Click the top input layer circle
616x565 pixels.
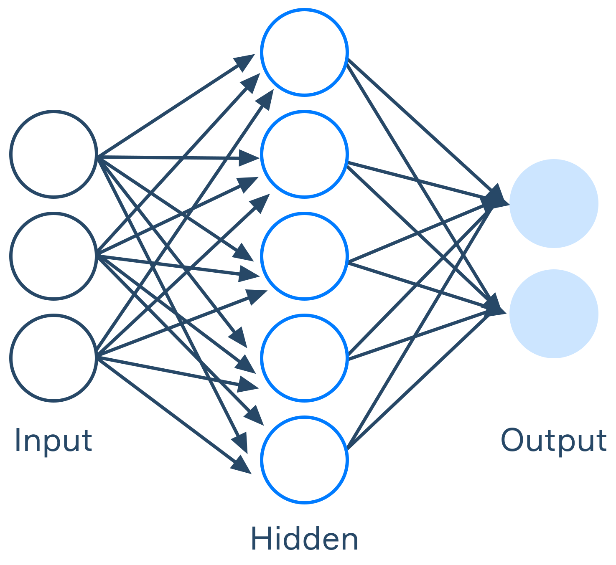click(x=53, y=154)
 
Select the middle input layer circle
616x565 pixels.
click(x=53, y=256)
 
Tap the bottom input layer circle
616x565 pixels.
click(x=53, y=358)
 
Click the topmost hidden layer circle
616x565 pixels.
click(x=304, y=52)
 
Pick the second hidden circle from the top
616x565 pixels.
click(x=304, y=154)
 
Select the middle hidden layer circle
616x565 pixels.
click(x=304, y=256)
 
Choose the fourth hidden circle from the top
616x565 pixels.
click(x=304, y=358)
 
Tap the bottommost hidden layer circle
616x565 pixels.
click(x=304, y=459)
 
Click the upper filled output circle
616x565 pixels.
click(x=554, y=203)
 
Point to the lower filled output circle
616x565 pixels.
click(x=554, y=314)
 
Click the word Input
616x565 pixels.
click(x=53, y=441)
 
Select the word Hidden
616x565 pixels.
click(x=304, y=539)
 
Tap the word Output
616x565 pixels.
click(x=554, y=441)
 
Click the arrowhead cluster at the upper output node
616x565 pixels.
click(x=496, y=198)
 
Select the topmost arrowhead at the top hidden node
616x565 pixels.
click(x=246, y=61)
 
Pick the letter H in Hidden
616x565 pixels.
click(x=260, y=539)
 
